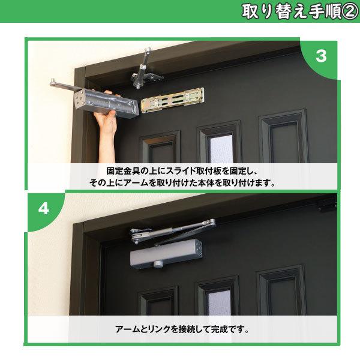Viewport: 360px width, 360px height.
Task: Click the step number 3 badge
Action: coord(320,57)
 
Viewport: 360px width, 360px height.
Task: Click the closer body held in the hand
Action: coord(108,103)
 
